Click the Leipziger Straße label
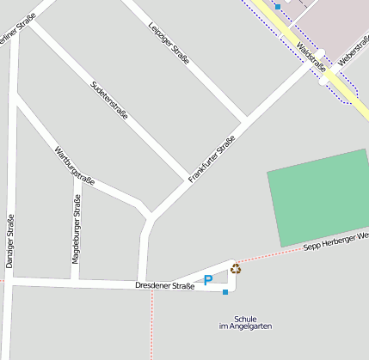point(169,41)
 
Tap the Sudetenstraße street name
point(109,100)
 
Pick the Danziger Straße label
point(10,241)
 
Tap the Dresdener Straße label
point(165,285)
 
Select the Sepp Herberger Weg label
point(336,241)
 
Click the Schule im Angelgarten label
point(245,322)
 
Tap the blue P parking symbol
point(207,279)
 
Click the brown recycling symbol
point(235,268)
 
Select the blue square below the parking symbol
point(225,293)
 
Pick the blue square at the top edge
point(278,7)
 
